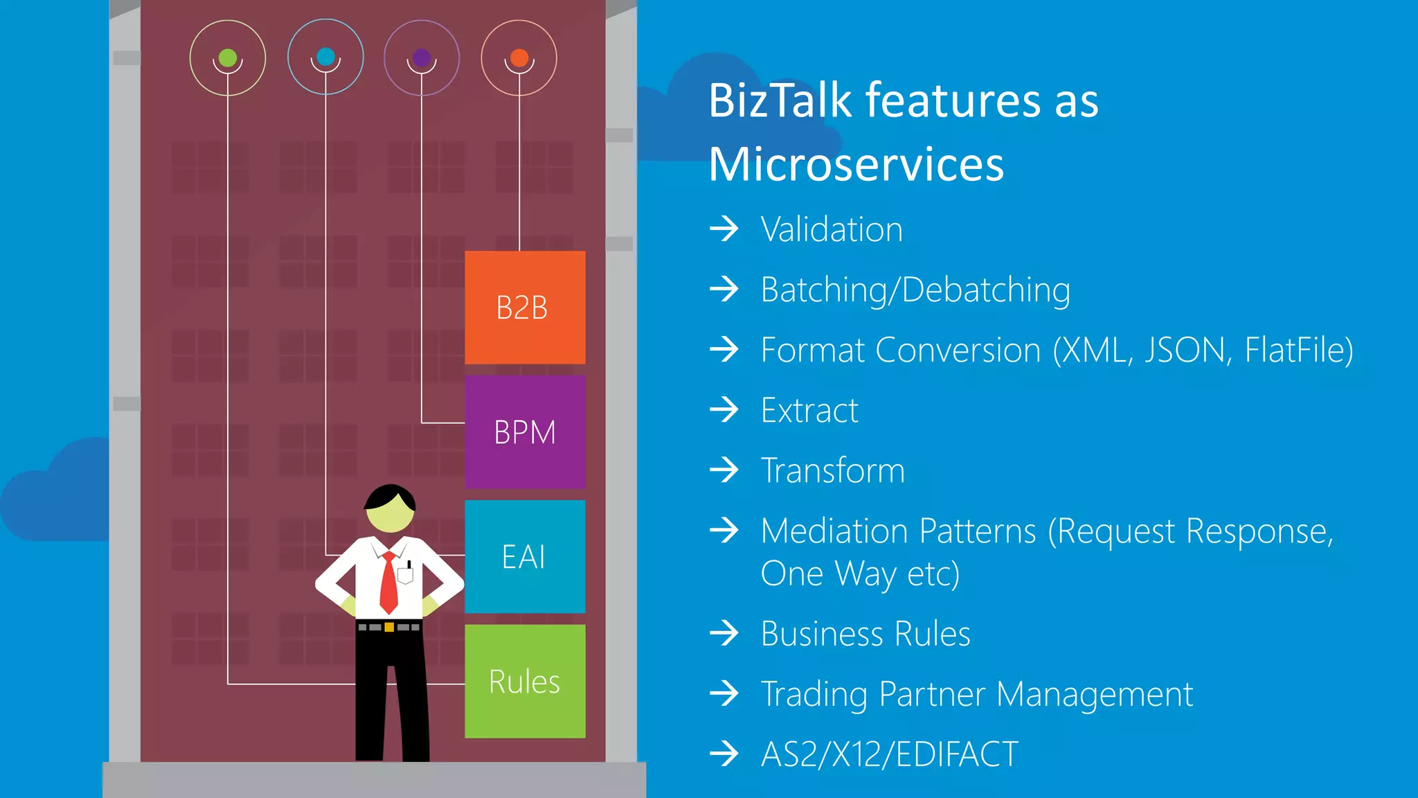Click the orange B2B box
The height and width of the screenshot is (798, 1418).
(525, 308)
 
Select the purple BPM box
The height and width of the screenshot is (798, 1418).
(525, 432)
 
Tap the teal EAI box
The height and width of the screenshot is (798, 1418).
(525, 557)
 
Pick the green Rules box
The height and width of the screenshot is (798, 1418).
(525, 682)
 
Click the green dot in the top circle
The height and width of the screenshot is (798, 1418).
(228, 57)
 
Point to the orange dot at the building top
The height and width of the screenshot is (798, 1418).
(519, 57)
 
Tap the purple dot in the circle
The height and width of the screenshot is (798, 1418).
(422, 57)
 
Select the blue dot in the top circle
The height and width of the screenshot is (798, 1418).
(325, 56)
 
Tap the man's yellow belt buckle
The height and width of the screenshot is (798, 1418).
(389, 627)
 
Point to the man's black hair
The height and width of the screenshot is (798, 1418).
(390, 496)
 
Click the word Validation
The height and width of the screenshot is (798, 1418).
(832, 229)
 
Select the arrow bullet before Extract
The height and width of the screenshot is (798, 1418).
(725, 409)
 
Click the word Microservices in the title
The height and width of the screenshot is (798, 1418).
(856, 165)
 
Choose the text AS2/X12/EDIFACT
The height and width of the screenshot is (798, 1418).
(889, 754)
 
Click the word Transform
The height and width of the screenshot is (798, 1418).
(832, 470)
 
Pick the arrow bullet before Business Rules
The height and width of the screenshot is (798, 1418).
(725, 633)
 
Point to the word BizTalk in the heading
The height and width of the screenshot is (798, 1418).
(780, 101)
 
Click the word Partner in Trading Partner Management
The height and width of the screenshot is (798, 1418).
(932, 694)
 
